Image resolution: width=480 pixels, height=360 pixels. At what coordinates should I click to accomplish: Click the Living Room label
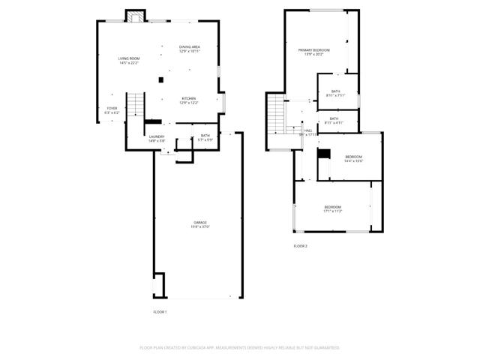pos(129,60)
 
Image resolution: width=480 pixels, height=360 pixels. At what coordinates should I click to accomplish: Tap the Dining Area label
pos(189,49)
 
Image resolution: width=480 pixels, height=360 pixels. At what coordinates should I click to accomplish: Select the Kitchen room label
pos(189,100)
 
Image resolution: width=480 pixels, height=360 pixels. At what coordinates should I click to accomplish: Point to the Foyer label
pos(112,110)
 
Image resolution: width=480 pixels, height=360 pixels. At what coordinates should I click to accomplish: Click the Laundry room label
pos(156,138)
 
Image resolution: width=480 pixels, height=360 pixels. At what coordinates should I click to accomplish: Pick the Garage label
pos(199,224)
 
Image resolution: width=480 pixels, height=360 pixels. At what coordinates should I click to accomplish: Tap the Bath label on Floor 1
pos(205,137)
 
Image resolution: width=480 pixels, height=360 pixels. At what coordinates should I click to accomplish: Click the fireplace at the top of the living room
pos(136,17)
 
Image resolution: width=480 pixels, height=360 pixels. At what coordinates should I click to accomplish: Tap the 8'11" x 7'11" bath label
pos(335,93)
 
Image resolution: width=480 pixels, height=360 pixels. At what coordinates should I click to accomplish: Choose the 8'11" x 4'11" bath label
pos(333,120)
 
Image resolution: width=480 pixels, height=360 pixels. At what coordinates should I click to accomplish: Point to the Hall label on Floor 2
pos(307,132)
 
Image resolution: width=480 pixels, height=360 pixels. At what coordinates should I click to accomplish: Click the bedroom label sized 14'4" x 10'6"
pos(353,159)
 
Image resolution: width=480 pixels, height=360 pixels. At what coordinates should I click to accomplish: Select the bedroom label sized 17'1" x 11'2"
pos(332,208)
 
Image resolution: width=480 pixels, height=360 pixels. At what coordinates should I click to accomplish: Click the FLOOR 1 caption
pos(160,311)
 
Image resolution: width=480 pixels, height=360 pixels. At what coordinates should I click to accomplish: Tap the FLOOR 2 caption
pos(300,246)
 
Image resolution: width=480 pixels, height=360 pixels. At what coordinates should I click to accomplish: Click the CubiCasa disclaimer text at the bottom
pos(240,347)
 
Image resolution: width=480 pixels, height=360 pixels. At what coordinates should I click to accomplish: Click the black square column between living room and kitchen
pos(160,80)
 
